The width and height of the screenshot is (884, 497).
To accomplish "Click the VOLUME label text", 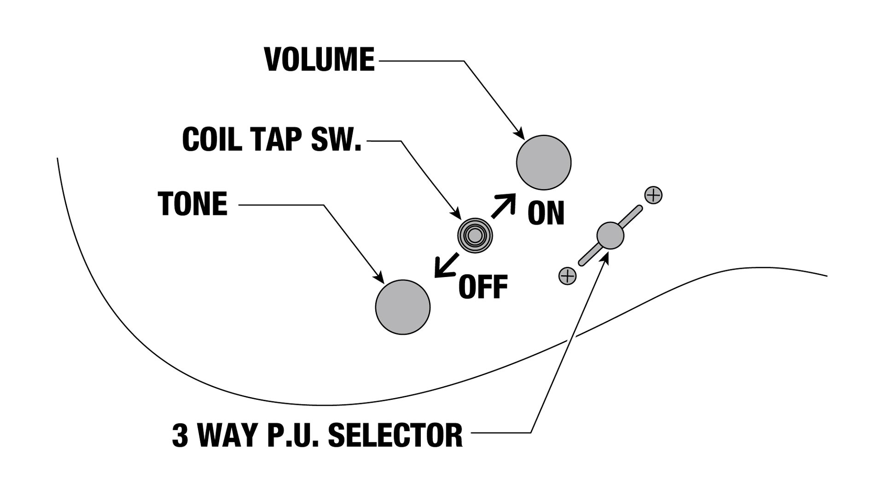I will coord(320,60).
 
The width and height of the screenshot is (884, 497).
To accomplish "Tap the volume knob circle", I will coord(543,162).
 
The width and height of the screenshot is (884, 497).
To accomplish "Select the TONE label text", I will coord(192,204).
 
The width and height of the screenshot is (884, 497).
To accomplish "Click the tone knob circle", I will coord(402,307).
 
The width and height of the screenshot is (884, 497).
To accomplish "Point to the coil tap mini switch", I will coord(475,236).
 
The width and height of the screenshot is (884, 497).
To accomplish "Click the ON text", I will coord(546,213).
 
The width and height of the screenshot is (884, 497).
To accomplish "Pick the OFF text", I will coord(483,287).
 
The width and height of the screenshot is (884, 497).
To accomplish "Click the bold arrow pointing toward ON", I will coord(503,205).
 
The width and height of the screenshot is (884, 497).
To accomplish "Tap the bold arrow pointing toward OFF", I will coord(446,266).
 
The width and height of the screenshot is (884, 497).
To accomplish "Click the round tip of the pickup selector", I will coord(610,236).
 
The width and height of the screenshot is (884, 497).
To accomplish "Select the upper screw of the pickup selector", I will coord(653,195).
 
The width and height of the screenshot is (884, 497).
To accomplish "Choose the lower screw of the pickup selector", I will coord(567,276).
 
